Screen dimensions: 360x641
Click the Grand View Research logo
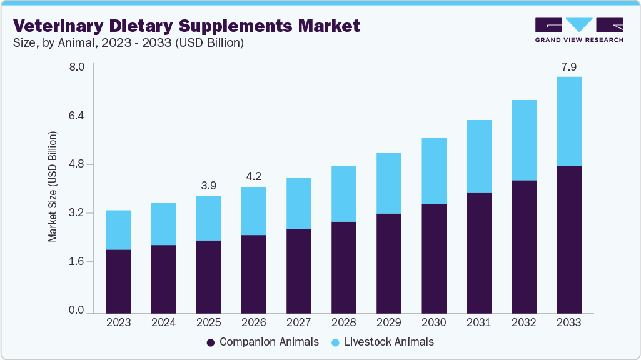point(578,30)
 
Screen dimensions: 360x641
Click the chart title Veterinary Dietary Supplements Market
point(187,26)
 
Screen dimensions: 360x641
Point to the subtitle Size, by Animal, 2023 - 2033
point(128,43)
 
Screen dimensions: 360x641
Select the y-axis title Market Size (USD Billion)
point(53,187)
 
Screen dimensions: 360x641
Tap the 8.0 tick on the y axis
point(76,67)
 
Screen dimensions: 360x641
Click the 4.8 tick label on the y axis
point(76,164)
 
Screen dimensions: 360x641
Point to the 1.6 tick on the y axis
point(76,262)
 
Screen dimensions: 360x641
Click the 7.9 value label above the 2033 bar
point(568,66)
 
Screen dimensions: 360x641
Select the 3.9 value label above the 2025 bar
point(208,185)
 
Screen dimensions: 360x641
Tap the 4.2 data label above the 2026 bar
point(253,177)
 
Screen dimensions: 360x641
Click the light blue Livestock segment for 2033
point(568,121)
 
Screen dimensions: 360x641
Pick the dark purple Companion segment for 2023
point(118,281)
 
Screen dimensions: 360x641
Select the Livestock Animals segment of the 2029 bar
point(388,183)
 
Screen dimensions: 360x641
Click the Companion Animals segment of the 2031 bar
point(478,253)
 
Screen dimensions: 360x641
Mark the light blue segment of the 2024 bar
point(163,224)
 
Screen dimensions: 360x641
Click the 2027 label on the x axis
point(298,323)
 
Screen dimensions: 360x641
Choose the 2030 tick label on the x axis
point(433,323)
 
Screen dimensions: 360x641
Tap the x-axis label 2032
point(523,323)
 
